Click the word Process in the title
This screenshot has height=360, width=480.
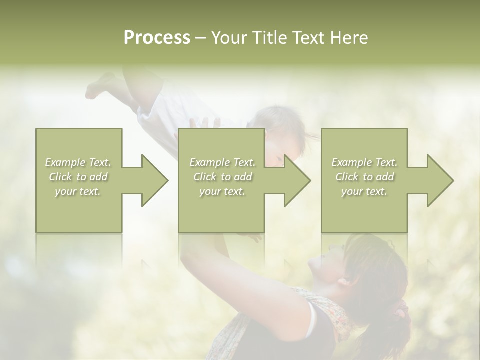(x=157, y=38)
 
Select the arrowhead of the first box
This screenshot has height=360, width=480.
(x=153, y=180)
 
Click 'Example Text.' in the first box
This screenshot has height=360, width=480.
(x=78, y=162)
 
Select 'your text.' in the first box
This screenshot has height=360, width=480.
(x=78, y=191)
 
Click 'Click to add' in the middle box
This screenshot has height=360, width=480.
(x=222, y=177)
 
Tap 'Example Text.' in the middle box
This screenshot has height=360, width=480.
(x=222, y=162)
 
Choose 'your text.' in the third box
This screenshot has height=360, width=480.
(x=364, y=191)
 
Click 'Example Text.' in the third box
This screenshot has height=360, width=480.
(x=364, y=162)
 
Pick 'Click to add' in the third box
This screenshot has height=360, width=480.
(x=364, y=177)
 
